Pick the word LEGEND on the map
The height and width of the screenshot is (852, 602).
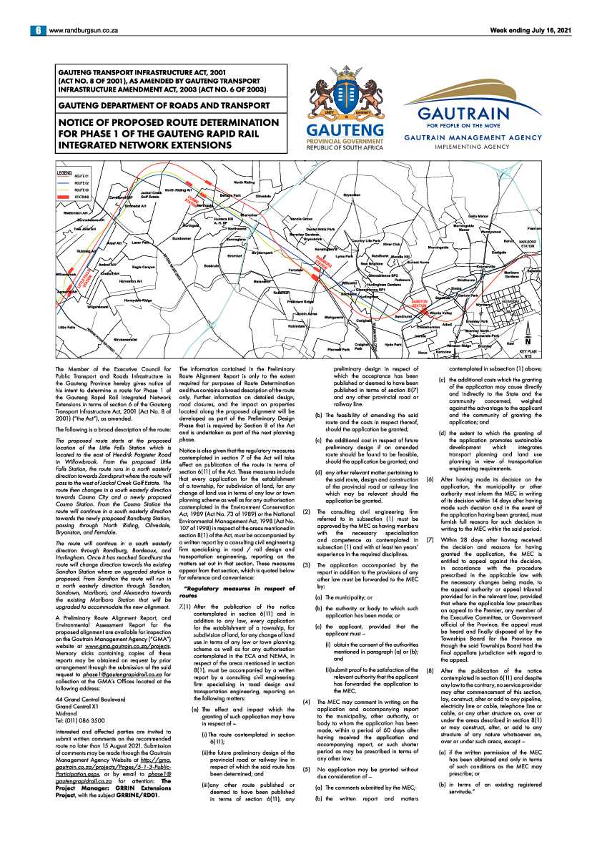[65, 172]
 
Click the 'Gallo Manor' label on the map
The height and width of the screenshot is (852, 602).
[478, 216]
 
